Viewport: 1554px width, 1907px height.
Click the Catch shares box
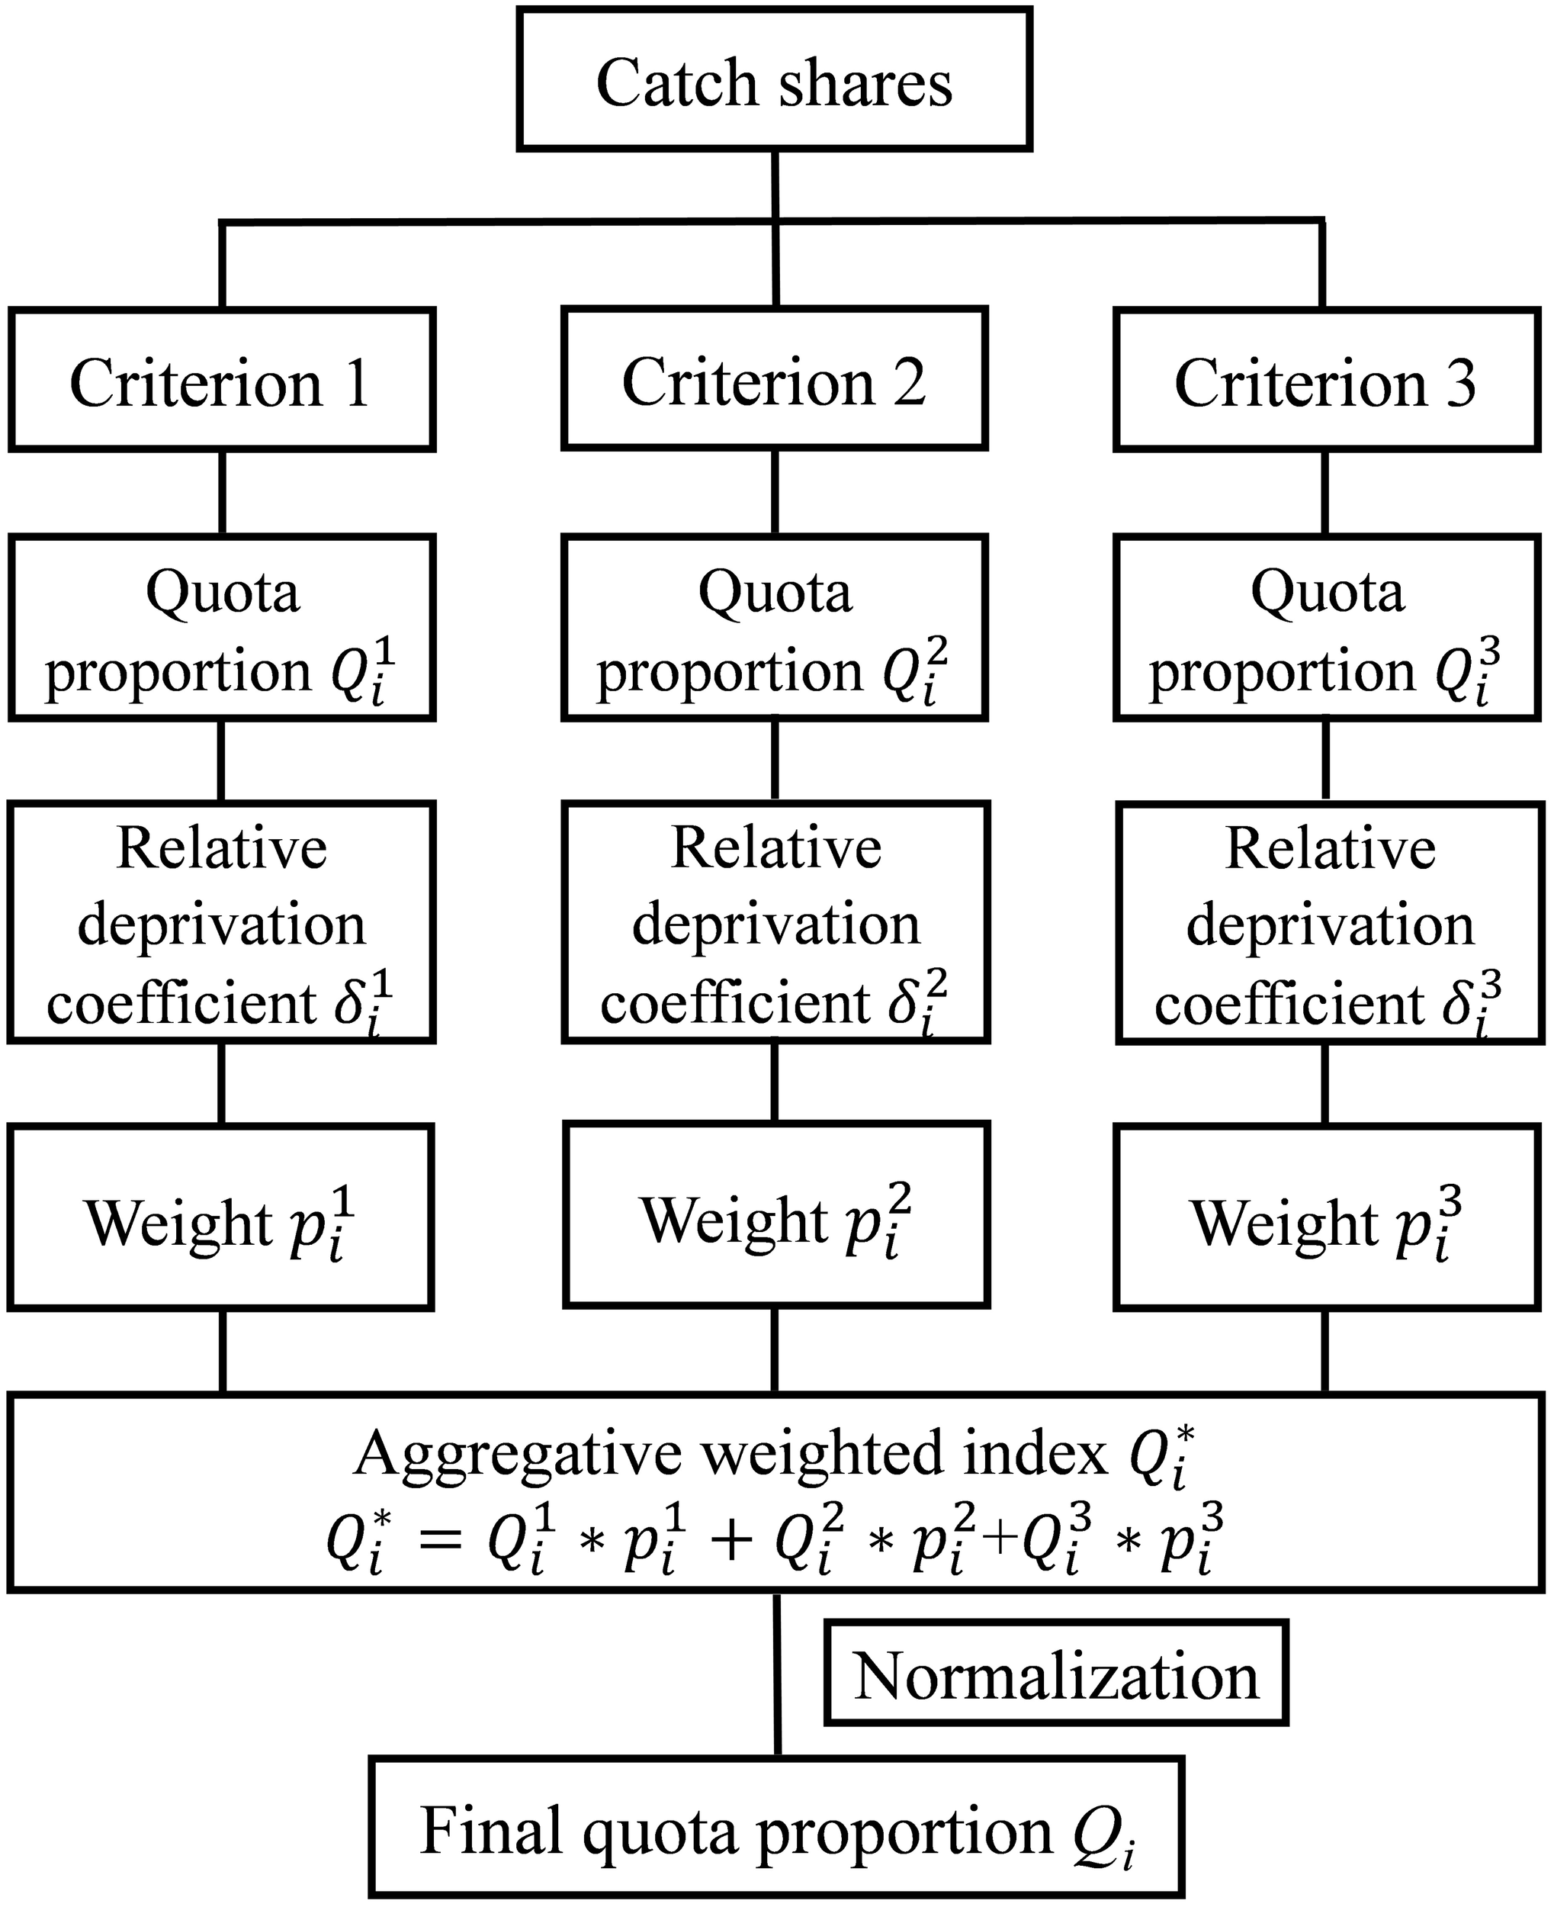pos(774,81)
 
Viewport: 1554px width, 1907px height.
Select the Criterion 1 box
pos(221,380)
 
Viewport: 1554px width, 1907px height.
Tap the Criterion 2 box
pos(774,380)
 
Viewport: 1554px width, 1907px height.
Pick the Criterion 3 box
pos(1327,380)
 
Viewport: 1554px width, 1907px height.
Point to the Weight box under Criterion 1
pos(220,1218)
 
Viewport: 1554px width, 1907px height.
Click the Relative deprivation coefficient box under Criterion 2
pos(776,922)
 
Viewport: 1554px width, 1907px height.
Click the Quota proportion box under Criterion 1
pos(221,628)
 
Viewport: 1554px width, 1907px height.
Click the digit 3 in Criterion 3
pos(1460,383)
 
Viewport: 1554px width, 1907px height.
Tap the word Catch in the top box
pos(678,82)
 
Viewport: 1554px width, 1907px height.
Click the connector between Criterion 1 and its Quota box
pos(222,493)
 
